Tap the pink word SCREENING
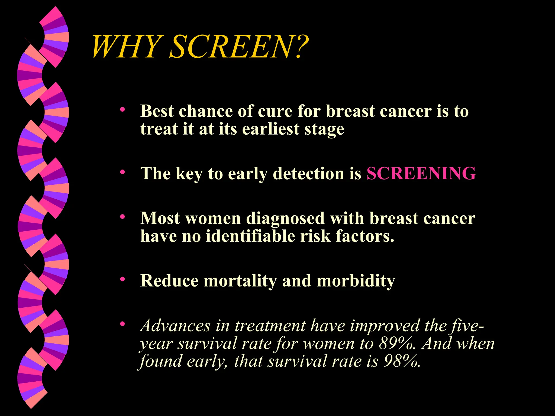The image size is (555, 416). (x=421, y=173)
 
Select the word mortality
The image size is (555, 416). (x=240, y=281)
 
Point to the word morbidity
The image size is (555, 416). (x=356, y=281)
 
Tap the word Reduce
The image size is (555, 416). (x=169, y=281)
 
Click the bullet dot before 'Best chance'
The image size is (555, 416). (x=122, y=110)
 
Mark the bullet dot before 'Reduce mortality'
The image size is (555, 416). (x=122, y=279)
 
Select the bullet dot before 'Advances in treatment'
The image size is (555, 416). (x=122, y=324)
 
